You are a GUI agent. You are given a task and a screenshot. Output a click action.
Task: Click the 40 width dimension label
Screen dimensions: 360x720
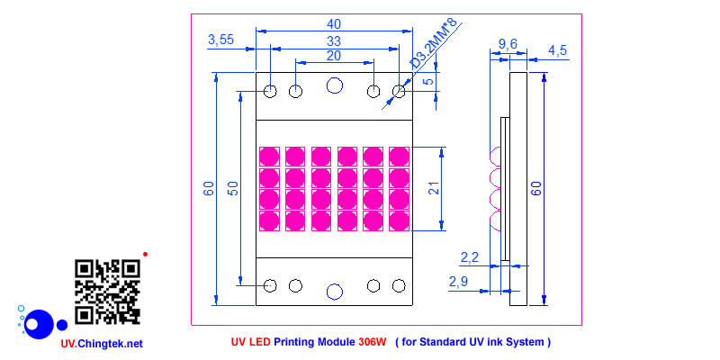(335, 22)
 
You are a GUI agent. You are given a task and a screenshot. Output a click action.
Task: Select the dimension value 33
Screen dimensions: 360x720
(333, 41)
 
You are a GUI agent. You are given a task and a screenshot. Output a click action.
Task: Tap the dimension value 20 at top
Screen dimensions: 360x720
(333, 56)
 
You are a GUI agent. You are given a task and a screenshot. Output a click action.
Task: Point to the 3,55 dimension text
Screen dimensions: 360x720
(221, 40)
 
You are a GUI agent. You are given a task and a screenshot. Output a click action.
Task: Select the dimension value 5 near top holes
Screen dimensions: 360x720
(428, 81)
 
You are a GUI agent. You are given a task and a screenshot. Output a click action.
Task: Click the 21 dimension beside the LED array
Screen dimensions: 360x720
(433, 188)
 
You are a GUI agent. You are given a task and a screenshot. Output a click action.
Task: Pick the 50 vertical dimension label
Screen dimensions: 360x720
(233, 188)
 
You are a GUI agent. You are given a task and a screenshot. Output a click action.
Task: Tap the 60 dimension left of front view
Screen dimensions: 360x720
(209, 188)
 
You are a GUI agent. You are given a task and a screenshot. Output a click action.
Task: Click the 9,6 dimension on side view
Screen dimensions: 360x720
(507, 42)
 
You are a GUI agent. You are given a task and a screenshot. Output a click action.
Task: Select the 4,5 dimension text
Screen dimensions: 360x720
(557, 50)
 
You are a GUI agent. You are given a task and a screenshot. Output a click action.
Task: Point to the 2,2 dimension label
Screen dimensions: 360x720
(470, 257)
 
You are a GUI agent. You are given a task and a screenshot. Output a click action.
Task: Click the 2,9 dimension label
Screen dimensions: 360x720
(458, 283)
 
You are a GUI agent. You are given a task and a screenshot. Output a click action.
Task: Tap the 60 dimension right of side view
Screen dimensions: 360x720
(536, 188)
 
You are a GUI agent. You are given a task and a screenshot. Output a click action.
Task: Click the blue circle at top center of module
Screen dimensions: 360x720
(335, 85)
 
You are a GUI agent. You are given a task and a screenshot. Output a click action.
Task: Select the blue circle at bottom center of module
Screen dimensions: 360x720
(335, 291)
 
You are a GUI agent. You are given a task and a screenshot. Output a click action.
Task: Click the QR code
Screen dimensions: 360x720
(107, 292)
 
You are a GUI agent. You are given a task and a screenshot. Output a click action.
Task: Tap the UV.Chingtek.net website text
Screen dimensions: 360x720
(102, 344)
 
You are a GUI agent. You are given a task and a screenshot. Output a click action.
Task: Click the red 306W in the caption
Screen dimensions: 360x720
(372, 342)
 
